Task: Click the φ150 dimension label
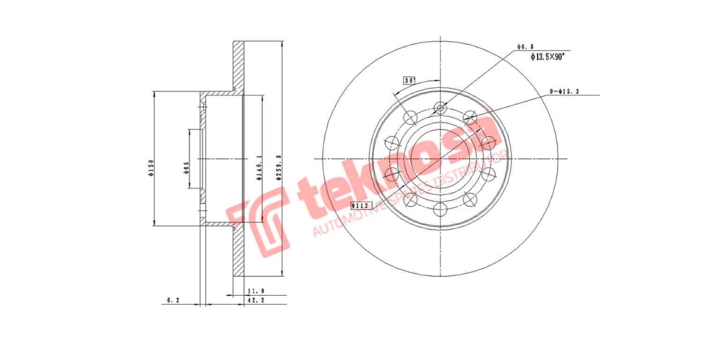(x=152, y=167)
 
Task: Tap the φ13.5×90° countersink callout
(x=548, y=56)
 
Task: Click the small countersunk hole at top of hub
(x=441, y=108)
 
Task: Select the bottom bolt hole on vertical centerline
(x=441, y=209)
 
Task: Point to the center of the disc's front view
(x=441, y=158)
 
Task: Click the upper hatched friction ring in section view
(x=239, y=66)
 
